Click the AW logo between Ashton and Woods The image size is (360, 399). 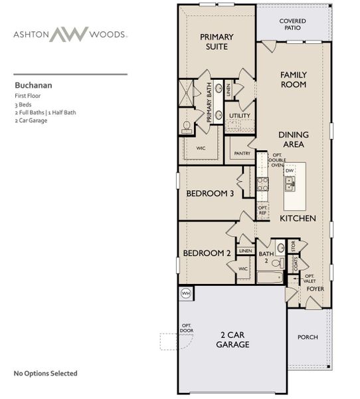coord(70,34)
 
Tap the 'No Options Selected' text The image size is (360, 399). coord(45,373)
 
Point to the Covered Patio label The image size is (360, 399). coord(292,25)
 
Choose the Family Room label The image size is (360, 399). coord(293,80)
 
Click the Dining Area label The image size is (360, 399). coord(292,138)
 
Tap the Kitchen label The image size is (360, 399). coord(297,218)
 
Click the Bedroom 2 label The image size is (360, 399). coord(206,253)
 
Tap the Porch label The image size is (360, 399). coord(308,337)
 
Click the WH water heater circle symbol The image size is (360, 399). coord(185,293)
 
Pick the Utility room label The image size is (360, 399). coord(240,116)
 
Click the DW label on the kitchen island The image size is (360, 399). coord(290,171)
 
